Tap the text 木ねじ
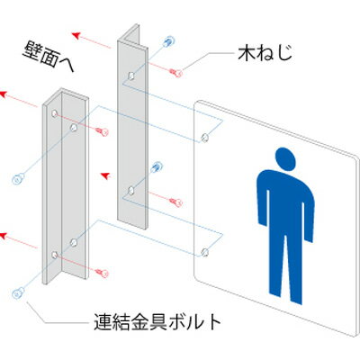[x=265, y=53]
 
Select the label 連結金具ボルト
[x=157, y=322]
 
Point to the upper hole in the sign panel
[x=205, y=138]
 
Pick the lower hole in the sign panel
[x=205, y=252]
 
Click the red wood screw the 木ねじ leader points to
[x=175, y=72]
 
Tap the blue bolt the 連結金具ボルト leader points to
[x=19, y=293]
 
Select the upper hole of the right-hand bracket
[x=130, y=76]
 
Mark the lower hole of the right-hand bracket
[x=130, y=190]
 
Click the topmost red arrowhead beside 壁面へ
[x=76, y=35]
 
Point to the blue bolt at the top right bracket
[x=168, y=41]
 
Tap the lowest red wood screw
[x=103, y=273]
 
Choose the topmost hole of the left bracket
[x=54, y=113]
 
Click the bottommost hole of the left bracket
[x=54, y=255]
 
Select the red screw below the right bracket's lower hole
[x=175, y=202]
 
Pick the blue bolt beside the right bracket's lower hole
[x=157, y=166]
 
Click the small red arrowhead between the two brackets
[x=104, y=175]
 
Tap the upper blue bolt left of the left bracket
[x=19, y=178]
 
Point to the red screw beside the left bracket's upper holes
[x=103, y=131]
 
